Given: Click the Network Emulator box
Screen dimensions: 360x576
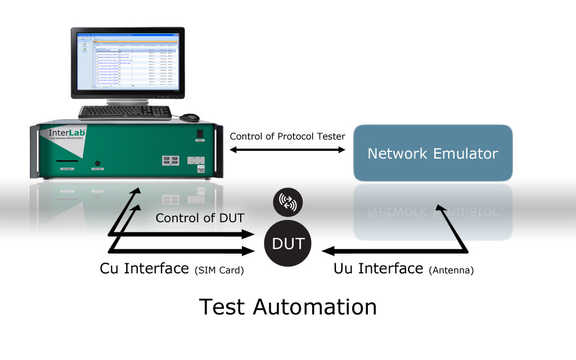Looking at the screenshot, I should tap(433, 153).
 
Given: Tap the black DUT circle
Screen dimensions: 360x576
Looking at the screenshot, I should tap(289, 244).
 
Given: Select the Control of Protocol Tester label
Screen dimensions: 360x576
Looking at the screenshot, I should tap(287, 136).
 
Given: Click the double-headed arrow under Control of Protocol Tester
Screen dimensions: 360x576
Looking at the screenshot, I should tap(287, 150).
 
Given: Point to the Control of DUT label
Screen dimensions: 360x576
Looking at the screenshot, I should tap(200, 218).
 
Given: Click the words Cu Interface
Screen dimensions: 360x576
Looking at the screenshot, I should tap(144, 268).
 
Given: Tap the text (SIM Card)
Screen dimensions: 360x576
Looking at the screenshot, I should tap(219, 270).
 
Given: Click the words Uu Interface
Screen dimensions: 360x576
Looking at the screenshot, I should tap(377, 268).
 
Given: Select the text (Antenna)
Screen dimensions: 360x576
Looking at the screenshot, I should tap(451, 271).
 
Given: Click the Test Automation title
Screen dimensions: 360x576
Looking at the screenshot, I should tap(287, 307).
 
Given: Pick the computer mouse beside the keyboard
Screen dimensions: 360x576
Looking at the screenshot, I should tap(190, 117).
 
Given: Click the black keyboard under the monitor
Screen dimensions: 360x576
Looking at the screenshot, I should tap(125, 112).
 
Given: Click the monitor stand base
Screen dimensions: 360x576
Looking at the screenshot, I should tap(128, 103).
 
